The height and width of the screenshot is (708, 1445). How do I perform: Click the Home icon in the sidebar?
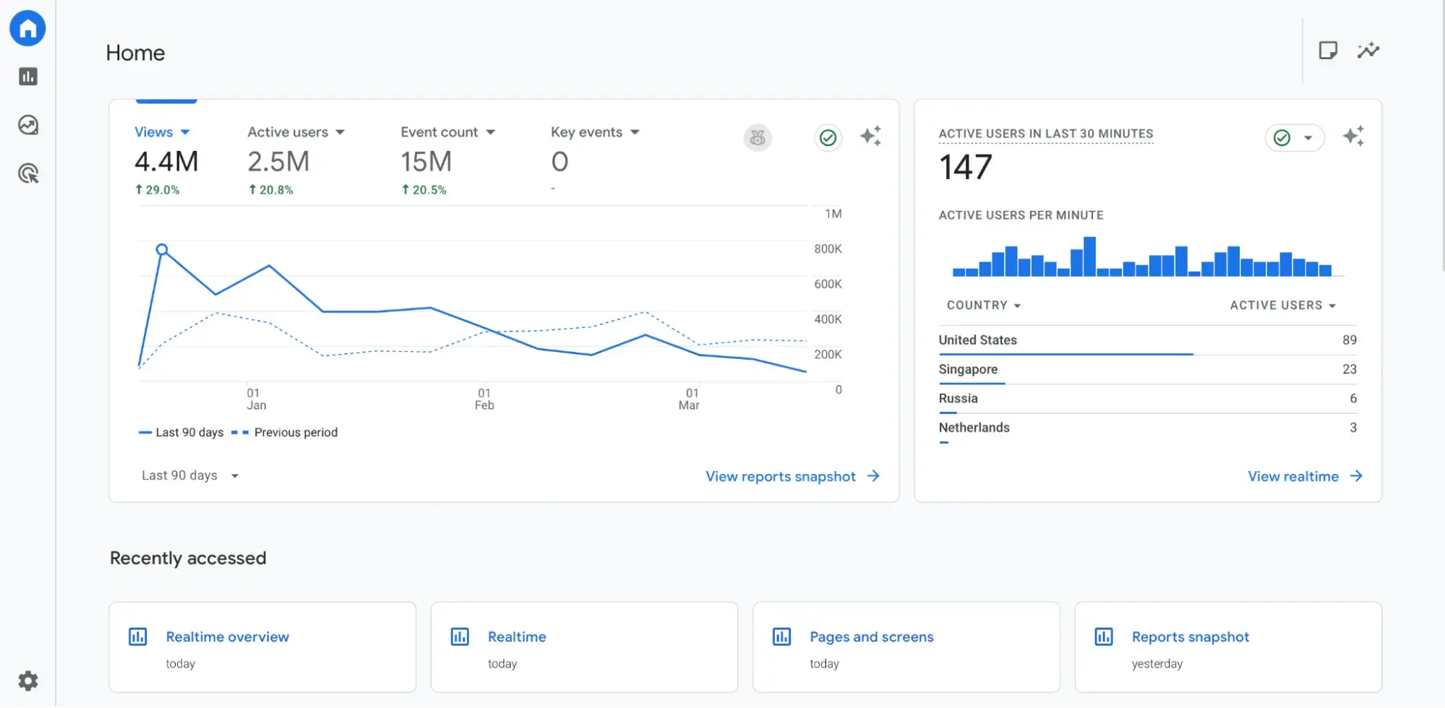(x=27, y=28)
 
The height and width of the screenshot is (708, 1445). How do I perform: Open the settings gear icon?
(x=28, y=681)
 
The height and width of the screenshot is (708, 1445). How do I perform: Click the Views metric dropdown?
(x=162, y=132)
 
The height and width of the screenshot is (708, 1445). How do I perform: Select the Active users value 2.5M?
(x=278, y=162)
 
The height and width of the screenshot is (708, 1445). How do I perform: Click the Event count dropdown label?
(x=447, y=132)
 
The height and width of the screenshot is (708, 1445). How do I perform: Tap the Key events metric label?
(x=594, y=132)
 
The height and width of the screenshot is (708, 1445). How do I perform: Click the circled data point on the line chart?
(x=162, y=249)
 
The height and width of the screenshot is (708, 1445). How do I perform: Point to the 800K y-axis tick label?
(x=828, y=249)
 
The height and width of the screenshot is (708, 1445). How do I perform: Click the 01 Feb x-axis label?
(x=484, y=399)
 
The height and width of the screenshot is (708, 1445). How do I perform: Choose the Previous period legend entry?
(x=295, y=432)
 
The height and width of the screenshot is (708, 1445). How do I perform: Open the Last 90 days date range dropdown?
(x=189, y=475)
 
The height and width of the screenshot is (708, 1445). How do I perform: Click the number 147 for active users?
(x=965, y=168)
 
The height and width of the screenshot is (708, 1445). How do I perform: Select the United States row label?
(x=977, y=340)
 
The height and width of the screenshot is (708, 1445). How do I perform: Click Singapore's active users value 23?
(x=1349, y=369)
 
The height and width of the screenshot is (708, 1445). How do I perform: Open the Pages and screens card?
(x=871, y=636)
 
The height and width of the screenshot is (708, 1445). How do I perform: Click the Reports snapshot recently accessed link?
(x=1190, y=636)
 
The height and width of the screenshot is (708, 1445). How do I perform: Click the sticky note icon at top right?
(x=1327, y=51)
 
